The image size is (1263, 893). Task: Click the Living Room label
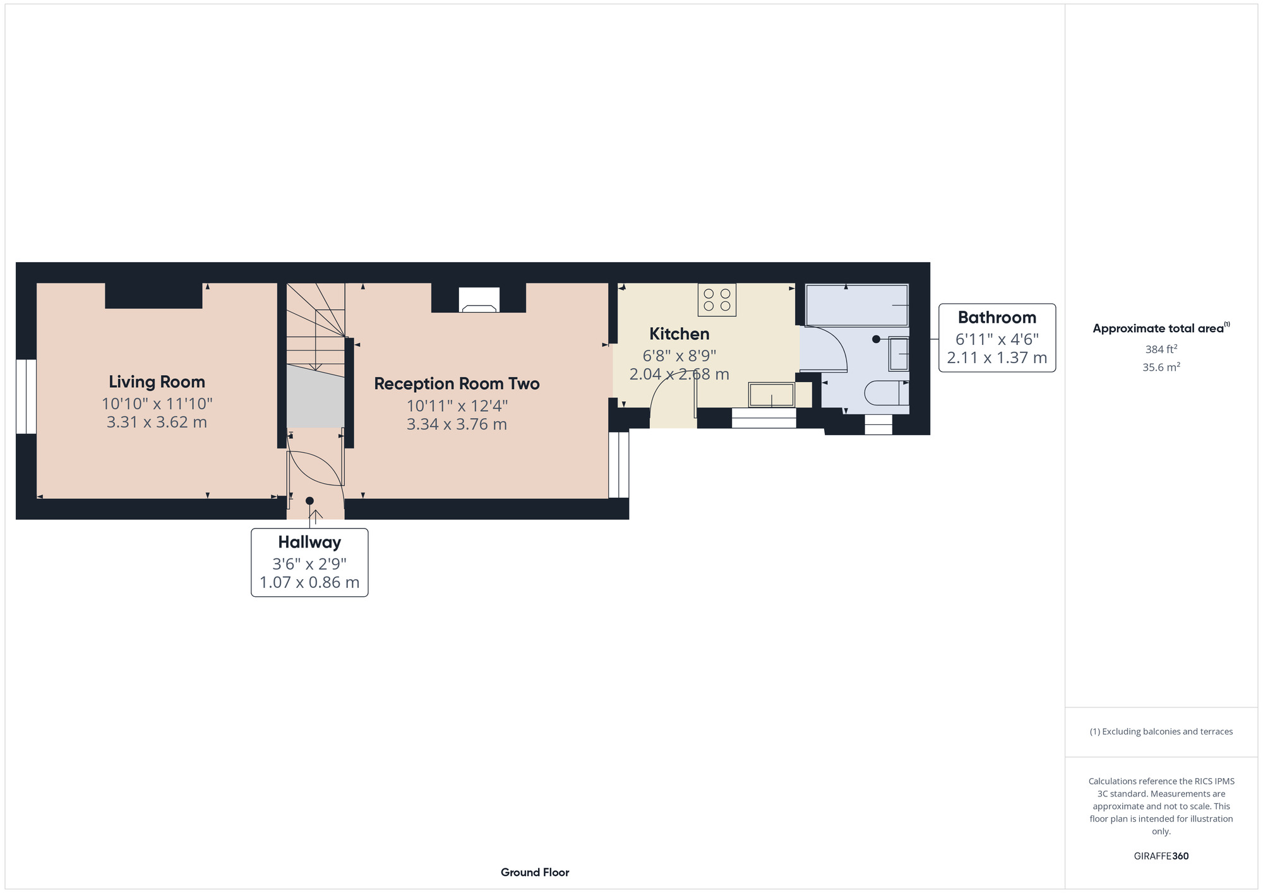tap(157, 381)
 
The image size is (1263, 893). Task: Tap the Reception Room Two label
tap(457, 383)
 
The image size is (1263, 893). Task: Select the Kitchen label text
tap(679, 333)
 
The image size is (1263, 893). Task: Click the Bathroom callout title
tap(997, 317)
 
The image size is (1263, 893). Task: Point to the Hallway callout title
tap(309, 542)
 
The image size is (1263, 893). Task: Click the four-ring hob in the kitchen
tap(717, 299)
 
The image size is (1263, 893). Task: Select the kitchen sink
tap(771, 395)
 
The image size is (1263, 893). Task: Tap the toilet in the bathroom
tap(885, 393)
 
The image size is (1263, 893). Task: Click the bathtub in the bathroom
tap(857, 305)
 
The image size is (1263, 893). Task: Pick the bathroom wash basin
tap(899, 354)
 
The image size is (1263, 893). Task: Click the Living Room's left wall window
tap(26, 397)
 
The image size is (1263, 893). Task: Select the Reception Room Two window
tap(619, 465)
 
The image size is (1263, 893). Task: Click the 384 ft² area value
tap(1161, 349)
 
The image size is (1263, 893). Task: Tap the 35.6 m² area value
tap(1161, 367)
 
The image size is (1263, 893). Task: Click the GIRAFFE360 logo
tap(1161, 856)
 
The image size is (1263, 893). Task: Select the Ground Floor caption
tap(535, 872)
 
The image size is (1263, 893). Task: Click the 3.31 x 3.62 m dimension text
tap(157, 422)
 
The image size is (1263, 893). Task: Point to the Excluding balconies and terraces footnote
tap(1161, 731)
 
